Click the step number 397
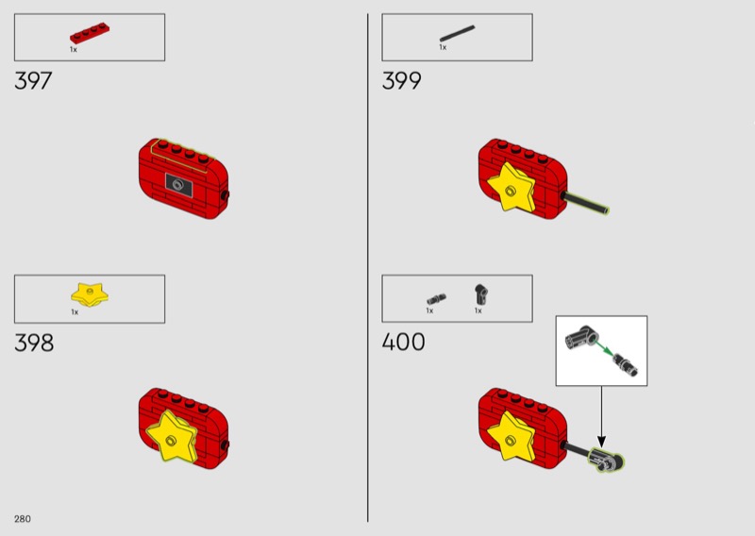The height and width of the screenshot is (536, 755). pos(33,80)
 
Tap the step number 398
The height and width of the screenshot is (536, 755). pos(34,343)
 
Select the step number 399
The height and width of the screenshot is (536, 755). pos(401,80)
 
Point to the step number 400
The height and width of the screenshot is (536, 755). pos(403,342)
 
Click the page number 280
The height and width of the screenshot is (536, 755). pos(22,519)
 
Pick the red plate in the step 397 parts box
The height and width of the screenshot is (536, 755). pos(90,34)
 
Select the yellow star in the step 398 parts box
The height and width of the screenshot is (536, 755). pos(90,294)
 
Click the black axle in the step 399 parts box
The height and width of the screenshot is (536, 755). pos(457,33)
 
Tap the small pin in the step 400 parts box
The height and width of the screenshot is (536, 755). pos(436,299)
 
